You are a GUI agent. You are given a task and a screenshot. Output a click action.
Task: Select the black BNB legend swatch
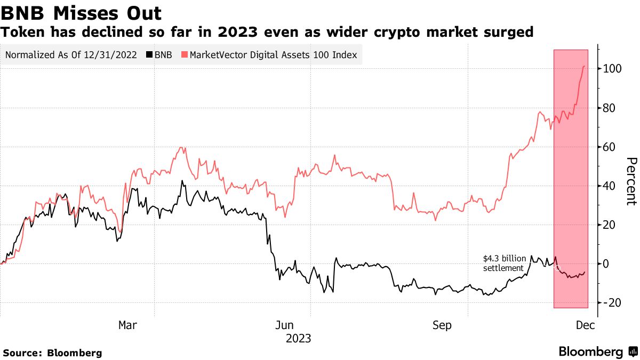(x=149, y=55)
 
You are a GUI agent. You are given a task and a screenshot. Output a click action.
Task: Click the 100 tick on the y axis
(x=612, y=69)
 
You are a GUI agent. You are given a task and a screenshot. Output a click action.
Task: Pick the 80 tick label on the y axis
(x=610, y=108)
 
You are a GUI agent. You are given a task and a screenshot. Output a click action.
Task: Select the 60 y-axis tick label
(x=610, y=147)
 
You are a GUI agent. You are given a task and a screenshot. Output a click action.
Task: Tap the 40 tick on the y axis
(x=610, y=186)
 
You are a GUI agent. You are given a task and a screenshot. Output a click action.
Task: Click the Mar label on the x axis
(x=127, y=325)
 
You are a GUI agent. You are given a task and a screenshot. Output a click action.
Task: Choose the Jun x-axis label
(x=284, y=325)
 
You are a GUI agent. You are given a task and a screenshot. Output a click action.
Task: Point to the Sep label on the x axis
(x=442, y=325)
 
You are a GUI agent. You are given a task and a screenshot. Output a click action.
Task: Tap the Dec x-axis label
(x=584, y=325)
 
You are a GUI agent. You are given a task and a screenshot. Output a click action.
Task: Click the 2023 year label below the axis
(x=298, y=339)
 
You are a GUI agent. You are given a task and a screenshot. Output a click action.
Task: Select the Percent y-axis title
(x=631, y=181)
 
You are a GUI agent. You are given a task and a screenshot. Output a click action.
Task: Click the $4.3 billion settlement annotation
(x=503, y=263)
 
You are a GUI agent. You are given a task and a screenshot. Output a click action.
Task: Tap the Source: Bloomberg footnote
(x=52, y=353)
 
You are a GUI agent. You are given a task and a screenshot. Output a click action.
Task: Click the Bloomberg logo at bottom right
(x=597, y=352)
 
